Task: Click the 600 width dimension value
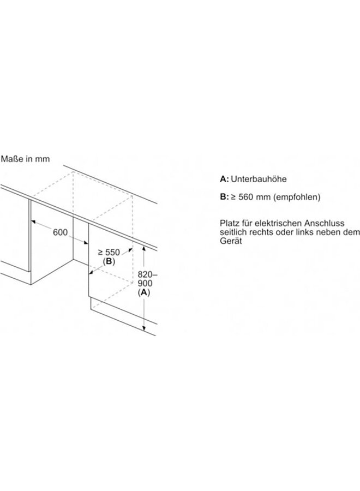pos(60,232)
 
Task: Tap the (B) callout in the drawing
pos(108,262)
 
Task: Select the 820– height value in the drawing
pos(144,275)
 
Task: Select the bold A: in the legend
pos(224,178)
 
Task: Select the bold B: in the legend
pos(224,197)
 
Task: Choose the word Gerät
pos(230,241)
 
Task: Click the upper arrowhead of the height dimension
pos(143,248)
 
